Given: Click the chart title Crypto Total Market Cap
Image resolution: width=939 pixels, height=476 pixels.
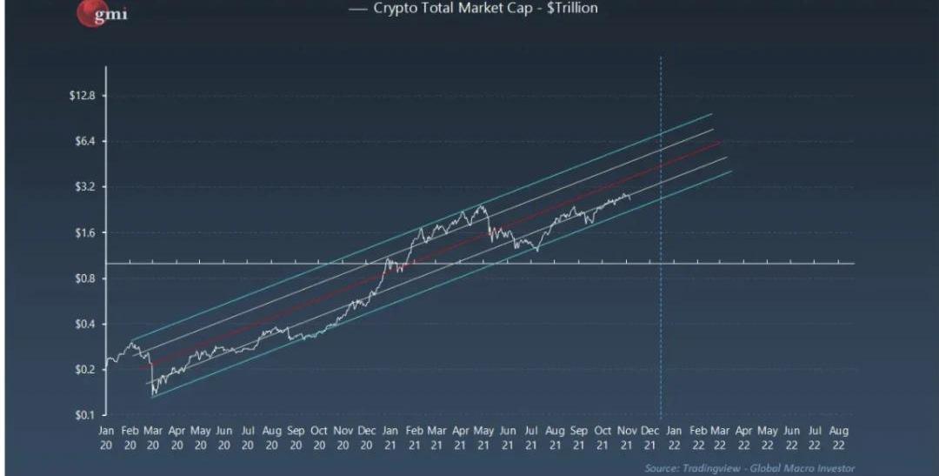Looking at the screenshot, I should (x=484, y=9).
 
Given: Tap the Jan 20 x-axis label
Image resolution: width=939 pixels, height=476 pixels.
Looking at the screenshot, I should (x=106, y=438).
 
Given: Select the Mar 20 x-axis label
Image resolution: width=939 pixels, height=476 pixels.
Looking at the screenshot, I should (x=153, y=438).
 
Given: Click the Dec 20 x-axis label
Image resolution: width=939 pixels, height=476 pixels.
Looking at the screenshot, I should (x=366, y=438).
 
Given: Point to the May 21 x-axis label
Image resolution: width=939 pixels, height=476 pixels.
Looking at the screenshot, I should (x=484, y=438).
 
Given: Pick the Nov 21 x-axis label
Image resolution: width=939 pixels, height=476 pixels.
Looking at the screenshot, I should (x=626, y=438).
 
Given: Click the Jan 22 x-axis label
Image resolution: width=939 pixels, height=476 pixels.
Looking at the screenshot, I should (x=674, y=438).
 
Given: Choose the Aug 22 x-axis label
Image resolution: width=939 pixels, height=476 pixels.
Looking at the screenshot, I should (x=839, y=438).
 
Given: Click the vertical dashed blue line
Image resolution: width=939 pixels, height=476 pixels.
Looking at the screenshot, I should (x=661, y=218).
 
